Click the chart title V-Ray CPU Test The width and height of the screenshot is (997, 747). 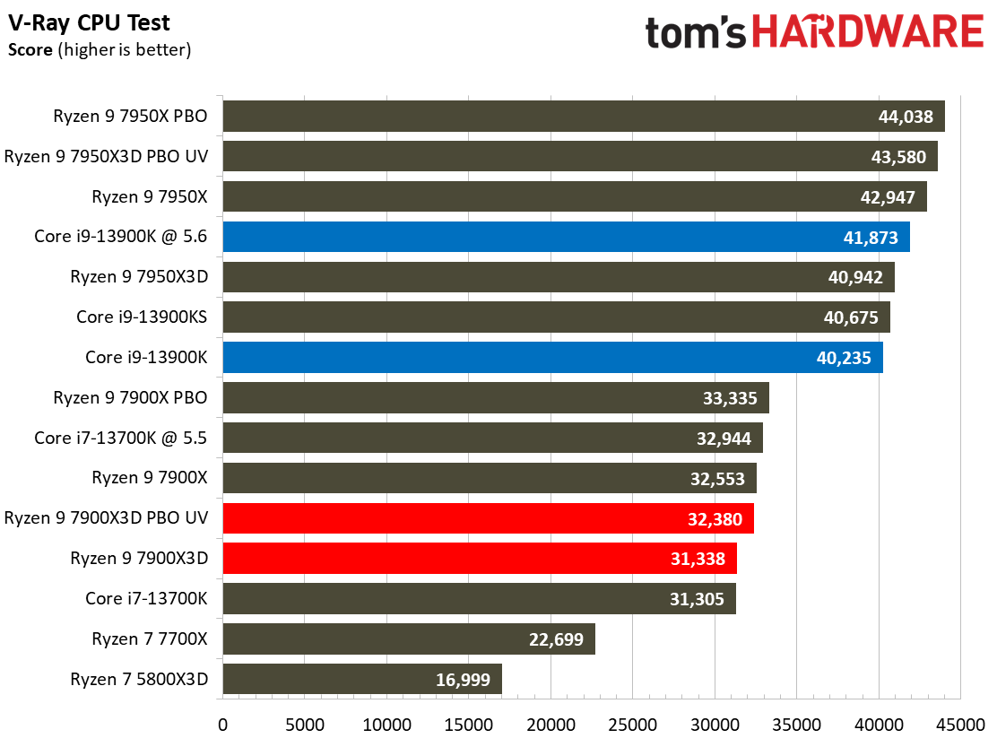pyautogui.click(x=90, y=22)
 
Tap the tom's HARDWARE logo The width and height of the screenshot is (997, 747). pyautogui.click(x=814, y=33)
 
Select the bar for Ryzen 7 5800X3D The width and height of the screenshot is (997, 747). pyautogui.click(x=362, y=679)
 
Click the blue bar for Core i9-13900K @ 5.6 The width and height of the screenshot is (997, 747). pyautogui.click(x=566, y=237)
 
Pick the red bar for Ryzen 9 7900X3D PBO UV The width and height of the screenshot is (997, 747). pyautogui.click(x=488, y=518)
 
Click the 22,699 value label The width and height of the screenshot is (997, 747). pyautogui.click(x=552, y=639)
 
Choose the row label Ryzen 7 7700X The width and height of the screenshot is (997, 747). pyautogui.click(x=150, y=638)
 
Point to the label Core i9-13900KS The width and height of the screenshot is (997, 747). pyautogui.click(x=143, y=317)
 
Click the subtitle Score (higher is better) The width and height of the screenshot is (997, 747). pyautogui.click(x=100, y=50)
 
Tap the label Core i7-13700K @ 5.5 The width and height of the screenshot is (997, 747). pyautogui.click(x=121, y=438)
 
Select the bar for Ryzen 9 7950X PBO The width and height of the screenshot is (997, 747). pyautogui.click(x=583, y=117)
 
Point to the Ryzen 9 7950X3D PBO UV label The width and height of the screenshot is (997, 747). pyautogui.click(x=106, y=156)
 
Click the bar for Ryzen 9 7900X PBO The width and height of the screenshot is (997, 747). pyautogui.click(x=495, y=397)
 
